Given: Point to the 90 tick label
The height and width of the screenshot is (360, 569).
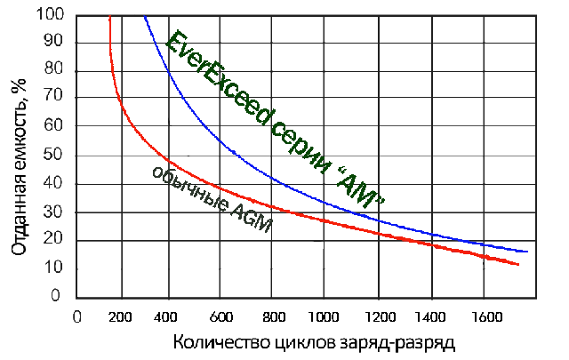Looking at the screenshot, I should click(x=55, y=43).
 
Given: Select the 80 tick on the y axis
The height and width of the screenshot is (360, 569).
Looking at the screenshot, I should click(x=55, y=71).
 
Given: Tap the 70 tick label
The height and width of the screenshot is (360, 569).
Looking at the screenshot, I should click(x=55, y=100).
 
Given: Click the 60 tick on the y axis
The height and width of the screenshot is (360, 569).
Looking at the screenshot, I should click(x=55, y=127).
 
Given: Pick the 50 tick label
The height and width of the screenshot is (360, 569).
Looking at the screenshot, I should click(x=55, y=156).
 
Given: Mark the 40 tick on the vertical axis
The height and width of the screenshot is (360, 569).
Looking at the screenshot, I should click(x=55, y=184).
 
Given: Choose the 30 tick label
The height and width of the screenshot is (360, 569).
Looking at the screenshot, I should click(x=55, y=212).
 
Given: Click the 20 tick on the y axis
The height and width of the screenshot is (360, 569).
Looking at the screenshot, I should click(x=55, y=240).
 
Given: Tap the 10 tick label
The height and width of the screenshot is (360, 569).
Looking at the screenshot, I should click(x=55, y=268).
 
